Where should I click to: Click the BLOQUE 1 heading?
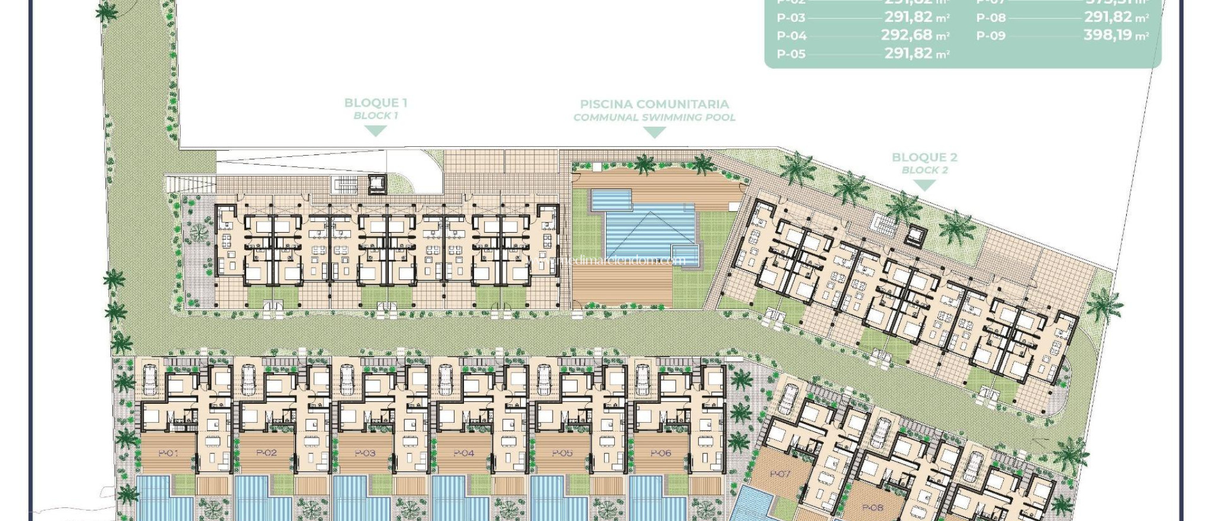(x=375, y=102)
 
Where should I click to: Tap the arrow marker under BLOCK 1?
(x=375, y=131)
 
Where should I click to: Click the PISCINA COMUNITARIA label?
(x=654, y=104)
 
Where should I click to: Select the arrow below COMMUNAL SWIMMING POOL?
(x=654, y=133)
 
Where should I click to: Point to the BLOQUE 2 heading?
(x=924, y=157)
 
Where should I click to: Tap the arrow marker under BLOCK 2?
(x=924, y=185)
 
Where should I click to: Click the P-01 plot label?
(x=169, y=454)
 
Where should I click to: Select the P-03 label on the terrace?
(x=365, y=454)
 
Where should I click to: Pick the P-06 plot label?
(x=660, y=454)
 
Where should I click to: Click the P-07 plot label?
(x=780, y=474)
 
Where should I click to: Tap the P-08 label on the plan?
(x=872, y=508)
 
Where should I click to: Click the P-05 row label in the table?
(x=791, y=54)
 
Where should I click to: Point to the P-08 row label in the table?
(x=991, y=18)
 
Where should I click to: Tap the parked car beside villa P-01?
(x=150, y=380)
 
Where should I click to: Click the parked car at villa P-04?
(x=445, y=380)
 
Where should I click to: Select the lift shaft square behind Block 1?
(x=376, y=184)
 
